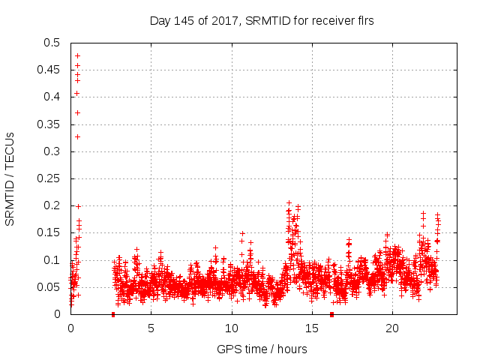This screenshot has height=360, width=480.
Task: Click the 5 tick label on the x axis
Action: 151,328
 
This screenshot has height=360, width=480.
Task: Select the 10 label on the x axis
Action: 231,328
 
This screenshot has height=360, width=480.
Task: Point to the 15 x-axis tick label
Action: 311,328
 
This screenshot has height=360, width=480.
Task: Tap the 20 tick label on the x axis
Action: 391,328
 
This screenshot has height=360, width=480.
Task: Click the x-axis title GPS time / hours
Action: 262,349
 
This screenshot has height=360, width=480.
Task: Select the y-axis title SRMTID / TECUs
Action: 10,178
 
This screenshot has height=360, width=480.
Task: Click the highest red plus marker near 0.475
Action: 77,55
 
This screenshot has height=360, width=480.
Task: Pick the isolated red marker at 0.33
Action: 77,136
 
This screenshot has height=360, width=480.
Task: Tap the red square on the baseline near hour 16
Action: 331,314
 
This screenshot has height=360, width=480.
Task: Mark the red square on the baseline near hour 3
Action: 113,314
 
